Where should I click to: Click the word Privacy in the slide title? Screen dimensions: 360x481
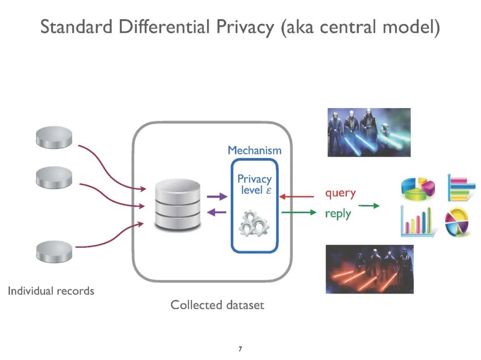(246, 28)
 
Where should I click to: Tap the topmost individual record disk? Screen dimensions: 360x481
(53, 137)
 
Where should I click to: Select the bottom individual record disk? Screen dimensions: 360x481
(53, 252)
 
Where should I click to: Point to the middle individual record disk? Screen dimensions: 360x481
(53, 178)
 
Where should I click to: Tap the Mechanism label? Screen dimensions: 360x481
(254, 150)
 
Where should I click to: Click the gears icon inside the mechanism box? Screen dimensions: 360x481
(253, 224)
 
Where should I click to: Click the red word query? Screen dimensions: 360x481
(340, 194)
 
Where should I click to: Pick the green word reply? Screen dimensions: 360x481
(338, 214)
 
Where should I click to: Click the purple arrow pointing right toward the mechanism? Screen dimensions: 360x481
(217, 197)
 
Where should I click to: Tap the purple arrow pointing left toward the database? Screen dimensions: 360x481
(217, 212)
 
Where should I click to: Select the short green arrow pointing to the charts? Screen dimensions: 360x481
(369, 206)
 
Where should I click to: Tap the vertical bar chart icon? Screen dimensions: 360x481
(417, 222)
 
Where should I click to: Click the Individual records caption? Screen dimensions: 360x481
(51, 291)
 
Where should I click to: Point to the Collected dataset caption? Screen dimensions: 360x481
(217, 305)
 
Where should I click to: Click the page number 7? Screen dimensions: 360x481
(240, 349)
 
